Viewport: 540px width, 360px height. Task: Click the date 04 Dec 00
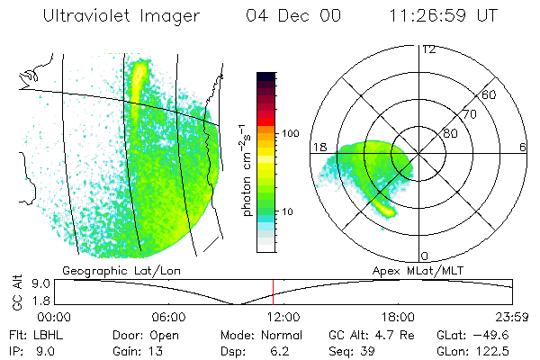point(289,15)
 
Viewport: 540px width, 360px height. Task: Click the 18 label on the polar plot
point(318,147)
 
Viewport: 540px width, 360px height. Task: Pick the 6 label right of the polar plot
point(523,147)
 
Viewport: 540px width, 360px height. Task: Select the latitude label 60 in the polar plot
point(490,94)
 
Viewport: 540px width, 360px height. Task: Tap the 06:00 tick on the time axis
point(168,318)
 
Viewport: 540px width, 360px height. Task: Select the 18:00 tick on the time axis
point(398,318)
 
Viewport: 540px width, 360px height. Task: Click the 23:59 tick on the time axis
point(510,318)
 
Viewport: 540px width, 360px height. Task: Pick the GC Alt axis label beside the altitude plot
point(15,291)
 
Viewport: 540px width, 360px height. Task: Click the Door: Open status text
point(140,334)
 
